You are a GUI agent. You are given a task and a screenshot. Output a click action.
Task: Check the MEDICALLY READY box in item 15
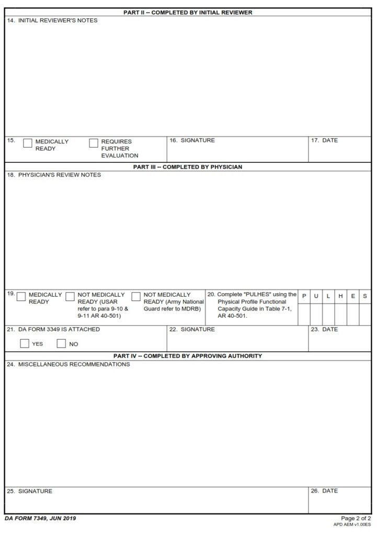(28, 143)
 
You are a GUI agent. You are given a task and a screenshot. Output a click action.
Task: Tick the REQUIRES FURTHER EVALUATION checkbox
(94, 143)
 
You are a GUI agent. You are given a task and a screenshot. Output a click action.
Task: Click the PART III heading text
(188, 167)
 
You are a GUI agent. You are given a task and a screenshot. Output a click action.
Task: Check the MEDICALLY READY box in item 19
(21, 297)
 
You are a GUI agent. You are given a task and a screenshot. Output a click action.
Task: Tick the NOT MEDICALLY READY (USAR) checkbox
(70, 297)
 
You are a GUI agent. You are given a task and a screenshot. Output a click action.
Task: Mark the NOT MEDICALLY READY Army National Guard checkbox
(136, 297)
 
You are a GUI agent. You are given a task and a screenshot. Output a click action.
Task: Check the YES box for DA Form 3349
(24, 344)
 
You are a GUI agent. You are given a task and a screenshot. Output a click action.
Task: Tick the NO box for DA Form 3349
(61, 344)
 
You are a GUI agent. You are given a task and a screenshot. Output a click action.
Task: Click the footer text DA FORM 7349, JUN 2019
(41, 518)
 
